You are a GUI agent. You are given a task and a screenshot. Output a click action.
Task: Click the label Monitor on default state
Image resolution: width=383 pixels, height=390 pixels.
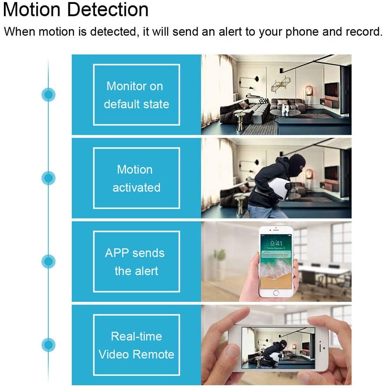pos(136,95)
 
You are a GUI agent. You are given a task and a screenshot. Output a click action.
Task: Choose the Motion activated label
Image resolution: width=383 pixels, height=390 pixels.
pos(136,178)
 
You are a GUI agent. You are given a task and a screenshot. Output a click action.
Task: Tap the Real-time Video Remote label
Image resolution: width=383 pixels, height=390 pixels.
pos(136,345)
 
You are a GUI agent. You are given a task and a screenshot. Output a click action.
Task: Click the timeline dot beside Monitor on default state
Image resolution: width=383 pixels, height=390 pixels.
pos(49,94)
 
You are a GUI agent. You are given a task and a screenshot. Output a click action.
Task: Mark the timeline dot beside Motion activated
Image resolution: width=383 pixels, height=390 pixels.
pos(49,178)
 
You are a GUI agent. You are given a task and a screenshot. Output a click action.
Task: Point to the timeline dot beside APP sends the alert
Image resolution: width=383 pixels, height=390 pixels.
pos(49,261)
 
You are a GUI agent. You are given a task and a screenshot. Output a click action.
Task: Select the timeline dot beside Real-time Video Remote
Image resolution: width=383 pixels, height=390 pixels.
pos(49,345)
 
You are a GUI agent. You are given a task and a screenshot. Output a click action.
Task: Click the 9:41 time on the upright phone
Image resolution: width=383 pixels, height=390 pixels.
pos(276,243)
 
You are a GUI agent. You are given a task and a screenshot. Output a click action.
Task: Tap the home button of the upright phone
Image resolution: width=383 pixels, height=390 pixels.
pos(276,293)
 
